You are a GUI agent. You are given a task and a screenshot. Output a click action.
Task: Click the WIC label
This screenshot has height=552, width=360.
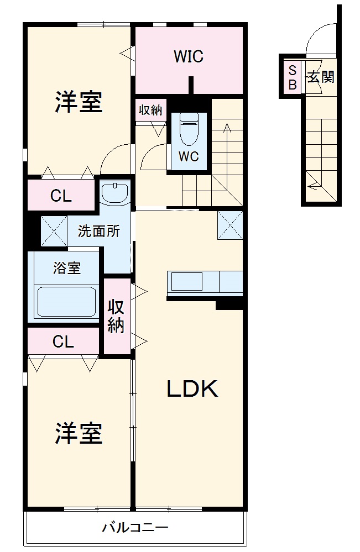[x=189, y=56]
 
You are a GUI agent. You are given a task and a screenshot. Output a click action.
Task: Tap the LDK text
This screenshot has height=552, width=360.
[x=192, y=390]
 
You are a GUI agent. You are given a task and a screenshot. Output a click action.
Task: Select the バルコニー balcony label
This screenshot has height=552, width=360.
[x=134, y=527]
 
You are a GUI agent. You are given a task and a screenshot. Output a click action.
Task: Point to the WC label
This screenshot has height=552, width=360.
[x=189, y=156]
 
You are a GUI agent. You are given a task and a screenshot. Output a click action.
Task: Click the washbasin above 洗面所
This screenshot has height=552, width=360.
[x=116, y=192]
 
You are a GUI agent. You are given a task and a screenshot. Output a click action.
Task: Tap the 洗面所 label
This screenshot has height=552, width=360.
[x=98, y=232]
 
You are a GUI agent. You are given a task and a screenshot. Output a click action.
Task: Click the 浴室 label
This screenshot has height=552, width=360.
[x=67, y=269]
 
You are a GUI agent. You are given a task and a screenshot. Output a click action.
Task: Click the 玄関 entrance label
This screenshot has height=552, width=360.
[x=321, y=77]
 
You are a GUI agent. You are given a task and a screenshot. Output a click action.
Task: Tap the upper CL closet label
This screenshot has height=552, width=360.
[x=61, y=196]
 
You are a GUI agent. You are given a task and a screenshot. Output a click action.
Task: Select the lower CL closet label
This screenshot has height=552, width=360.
[x=63, y=342]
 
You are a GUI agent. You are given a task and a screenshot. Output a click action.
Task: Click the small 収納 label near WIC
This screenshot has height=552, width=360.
[x=150, y=110]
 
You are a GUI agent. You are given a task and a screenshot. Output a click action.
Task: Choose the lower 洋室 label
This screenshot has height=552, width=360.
[x=79, y=433]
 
